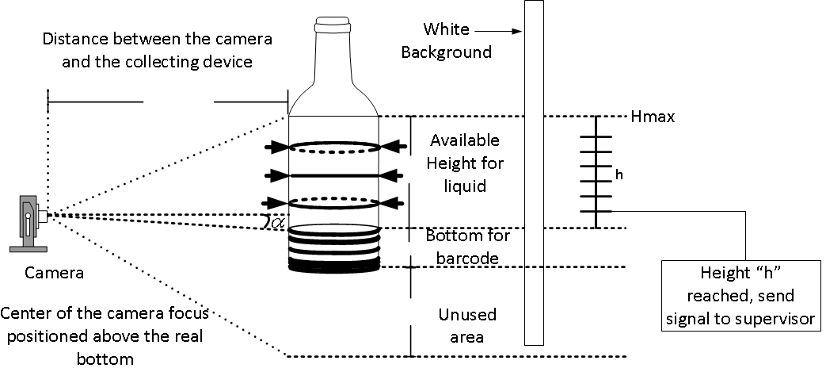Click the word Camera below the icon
[55, 273]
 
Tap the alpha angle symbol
[276, 223]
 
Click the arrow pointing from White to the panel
[499, 31]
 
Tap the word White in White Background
[445, 30]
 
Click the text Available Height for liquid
[465, 163]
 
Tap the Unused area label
[466, 325]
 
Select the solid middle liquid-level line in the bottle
[333, 174]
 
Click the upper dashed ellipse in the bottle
[333, 146]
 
